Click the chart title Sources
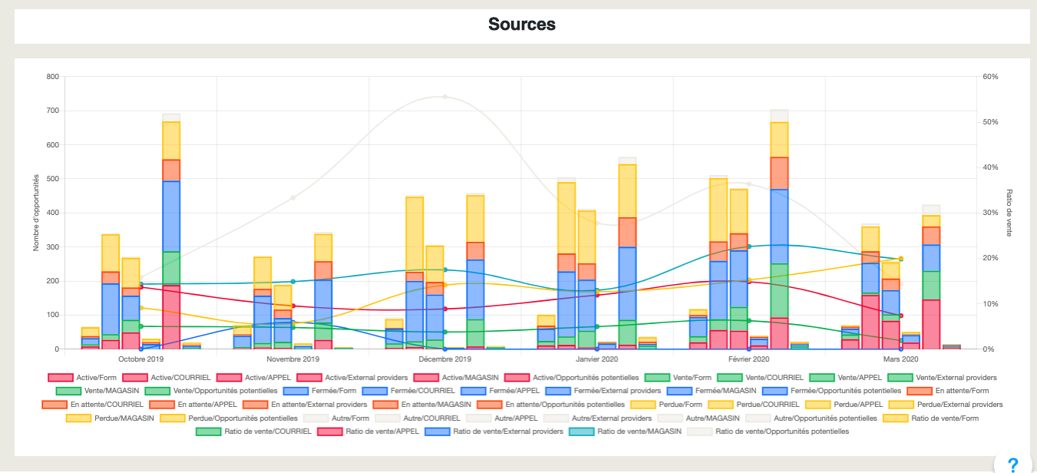tap(522, 25)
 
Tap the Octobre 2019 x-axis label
tap(141, 359)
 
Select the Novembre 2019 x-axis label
tap(293, 359)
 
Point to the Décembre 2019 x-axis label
tap(445, 359)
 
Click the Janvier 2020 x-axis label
tap(597, 359)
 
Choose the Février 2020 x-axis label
tap(748, 359)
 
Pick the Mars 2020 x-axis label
tap(900, 359)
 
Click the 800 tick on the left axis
tap(52, 77)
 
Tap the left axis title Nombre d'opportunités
tap(35, 213)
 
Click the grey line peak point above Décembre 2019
tap(445, 97)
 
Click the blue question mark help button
tap(1013, 464)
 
